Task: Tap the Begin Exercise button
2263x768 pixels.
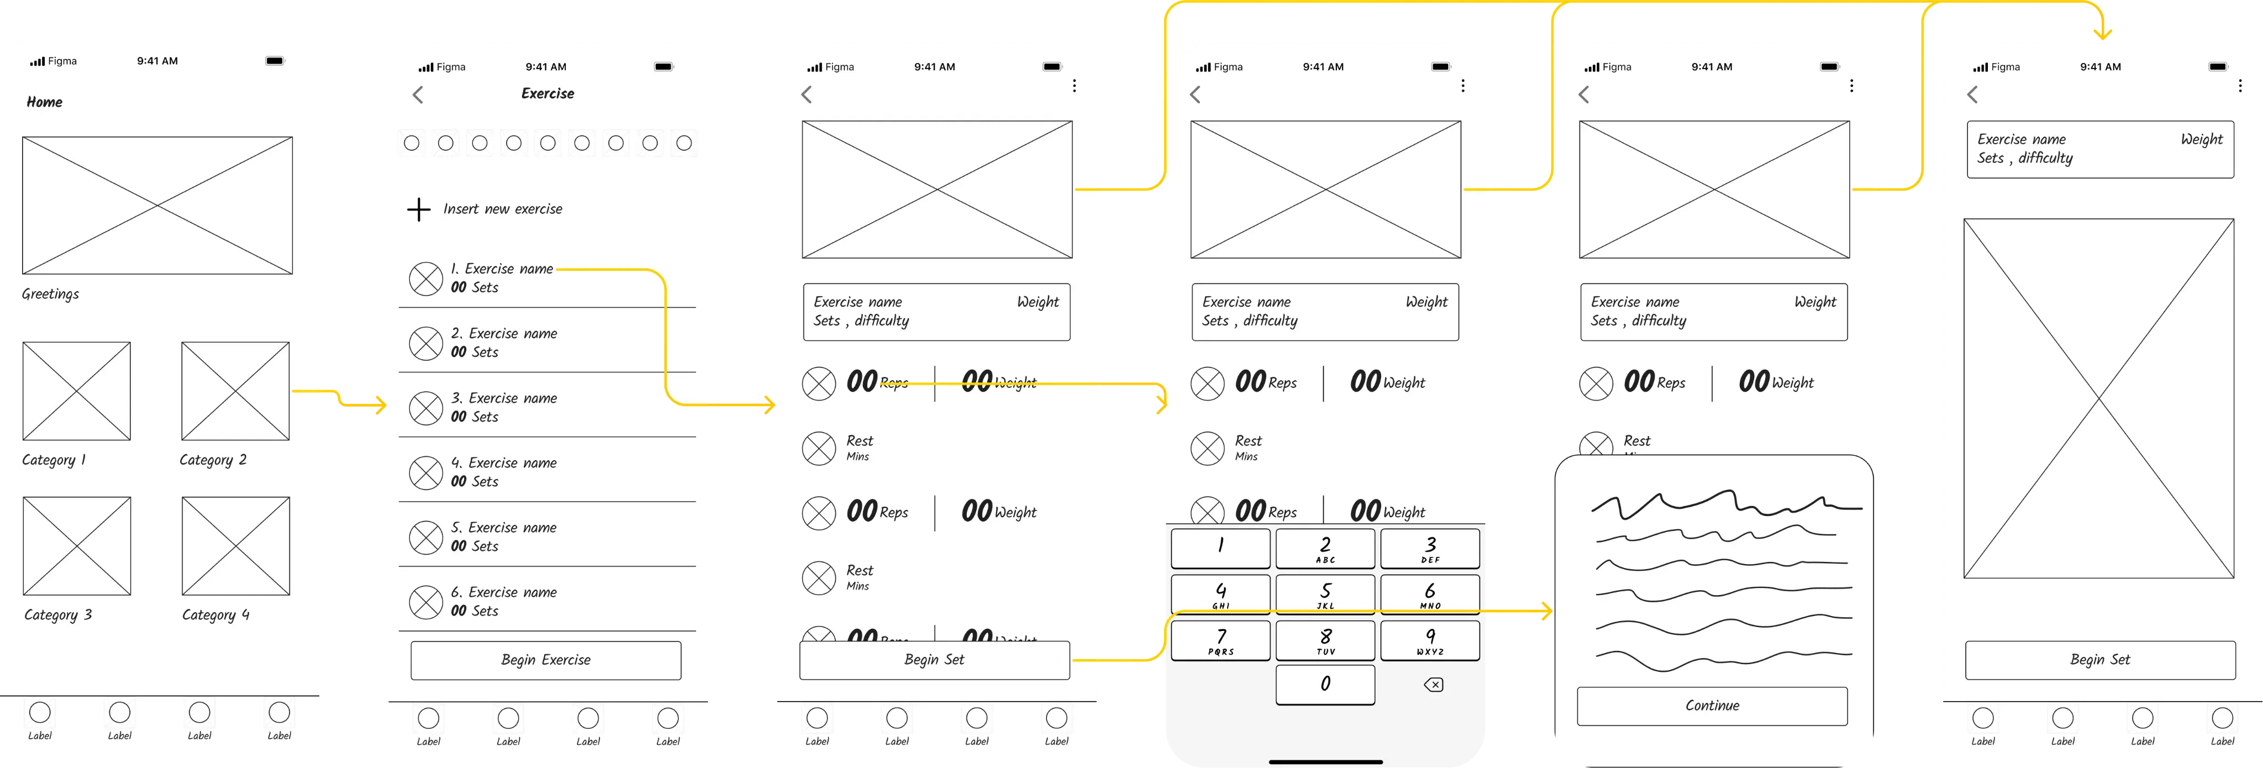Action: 545,660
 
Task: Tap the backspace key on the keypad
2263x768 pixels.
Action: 1433,685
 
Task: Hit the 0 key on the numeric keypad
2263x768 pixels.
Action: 1325,683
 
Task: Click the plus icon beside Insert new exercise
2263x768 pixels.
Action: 419,209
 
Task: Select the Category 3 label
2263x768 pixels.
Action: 58,615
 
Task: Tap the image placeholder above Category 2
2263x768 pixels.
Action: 235,391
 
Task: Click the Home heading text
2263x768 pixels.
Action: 44,102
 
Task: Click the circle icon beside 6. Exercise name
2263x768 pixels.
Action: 426,603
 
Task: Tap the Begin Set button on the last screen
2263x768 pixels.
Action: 2099,660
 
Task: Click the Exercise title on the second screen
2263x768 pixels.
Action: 548,93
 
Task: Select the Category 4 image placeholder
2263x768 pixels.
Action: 235,546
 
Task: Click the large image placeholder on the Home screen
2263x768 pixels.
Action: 157,205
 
